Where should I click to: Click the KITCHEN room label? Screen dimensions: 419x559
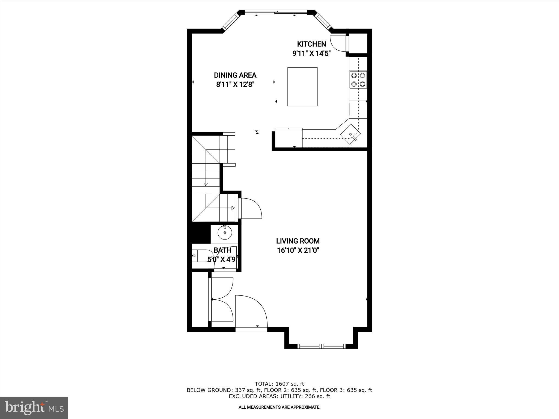[x=311, y=44]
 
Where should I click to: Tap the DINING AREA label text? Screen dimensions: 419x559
[x=235, y=75]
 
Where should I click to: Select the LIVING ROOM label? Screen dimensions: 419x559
[x=298, y=241]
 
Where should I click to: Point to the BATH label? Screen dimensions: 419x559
[x=222, y=250]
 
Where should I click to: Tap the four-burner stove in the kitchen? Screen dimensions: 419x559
[x=358, y=80]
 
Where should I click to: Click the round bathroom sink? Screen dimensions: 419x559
[x=225, y=233]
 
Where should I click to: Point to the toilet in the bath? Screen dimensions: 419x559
[x=199, y=256]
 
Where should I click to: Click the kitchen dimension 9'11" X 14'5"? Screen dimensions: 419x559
[x=311, y=53]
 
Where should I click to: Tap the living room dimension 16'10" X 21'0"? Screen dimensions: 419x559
[x=298, y=250]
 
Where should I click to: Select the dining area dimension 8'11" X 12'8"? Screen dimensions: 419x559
[x=235, y=85]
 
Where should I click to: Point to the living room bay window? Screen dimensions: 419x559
[x=321, y=346]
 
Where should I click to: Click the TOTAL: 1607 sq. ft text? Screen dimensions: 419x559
[x=279, y=384]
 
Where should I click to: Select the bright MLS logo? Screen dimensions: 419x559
[x=34, y=408]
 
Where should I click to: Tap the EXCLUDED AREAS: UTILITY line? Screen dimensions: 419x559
[x=279, y=396]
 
